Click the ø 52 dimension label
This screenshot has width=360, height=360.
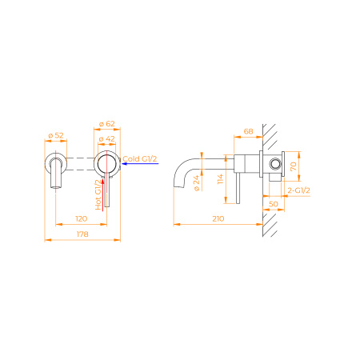point(56,135)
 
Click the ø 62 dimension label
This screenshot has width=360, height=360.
point(106,124)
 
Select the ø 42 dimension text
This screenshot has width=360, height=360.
point(106,139)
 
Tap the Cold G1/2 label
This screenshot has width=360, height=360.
point(140,159)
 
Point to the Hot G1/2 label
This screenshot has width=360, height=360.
point(98,194)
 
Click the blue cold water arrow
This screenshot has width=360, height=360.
point(140,163)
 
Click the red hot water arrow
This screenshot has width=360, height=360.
point(103,194)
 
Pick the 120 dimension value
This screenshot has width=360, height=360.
point(82,218)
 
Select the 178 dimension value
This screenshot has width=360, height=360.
point(82,234)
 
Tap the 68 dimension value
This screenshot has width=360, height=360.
point(248,131)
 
